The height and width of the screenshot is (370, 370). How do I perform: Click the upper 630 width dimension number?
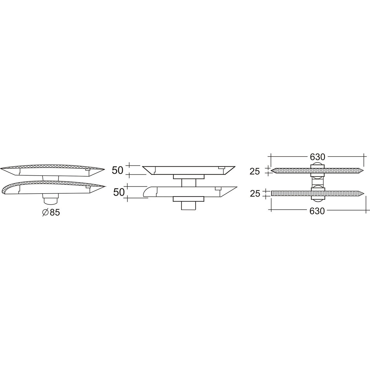317,157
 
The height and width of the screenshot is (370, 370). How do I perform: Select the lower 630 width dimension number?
317,211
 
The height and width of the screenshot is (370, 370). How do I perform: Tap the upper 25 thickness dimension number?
254,171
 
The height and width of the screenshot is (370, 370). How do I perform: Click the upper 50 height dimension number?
117,170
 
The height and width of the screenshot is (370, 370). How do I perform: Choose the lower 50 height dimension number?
119,192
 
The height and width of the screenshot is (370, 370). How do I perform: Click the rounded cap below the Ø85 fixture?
51,201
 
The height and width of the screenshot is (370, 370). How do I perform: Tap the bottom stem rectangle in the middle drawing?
188,205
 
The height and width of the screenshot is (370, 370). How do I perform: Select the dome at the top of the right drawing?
317,165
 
